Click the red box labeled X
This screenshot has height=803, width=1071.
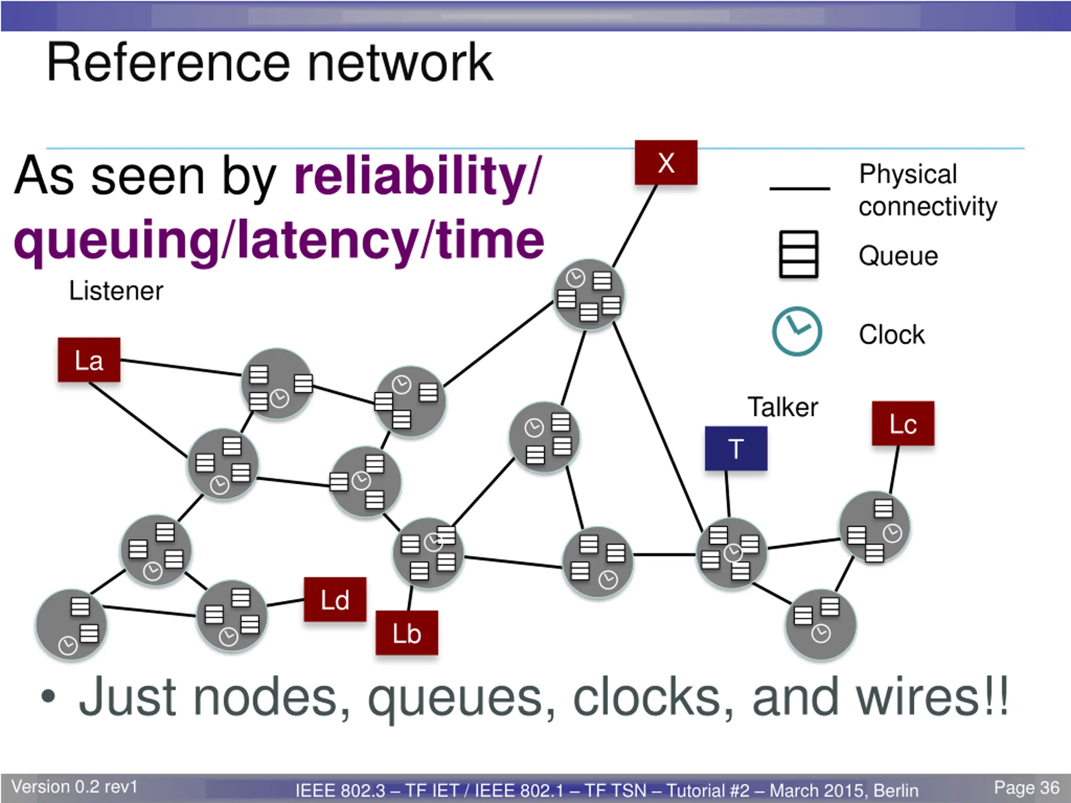(x=666, y=162)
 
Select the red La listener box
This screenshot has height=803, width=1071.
(x=89, y=360)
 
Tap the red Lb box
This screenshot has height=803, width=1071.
(x=407, y=633)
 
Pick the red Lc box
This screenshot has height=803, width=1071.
(x=903, y=423)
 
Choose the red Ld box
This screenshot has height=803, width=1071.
(x=335, y=599)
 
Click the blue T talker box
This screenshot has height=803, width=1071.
(x=736, y=448)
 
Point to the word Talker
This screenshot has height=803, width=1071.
(x=783, y=407)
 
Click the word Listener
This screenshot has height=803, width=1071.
(x=116, y=291)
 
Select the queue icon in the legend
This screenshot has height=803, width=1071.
(x=798, y=254)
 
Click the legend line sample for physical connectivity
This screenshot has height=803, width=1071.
(x=799, y=188)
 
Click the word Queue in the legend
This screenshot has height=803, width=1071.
(x=898, y=256)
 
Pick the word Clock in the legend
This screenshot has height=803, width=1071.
(x=892, y=335)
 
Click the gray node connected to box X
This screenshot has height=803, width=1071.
(x=589, y=295)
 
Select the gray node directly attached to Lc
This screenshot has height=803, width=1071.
(x=874, y=527)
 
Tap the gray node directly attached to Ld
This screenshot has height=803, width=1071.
(x=231, y=616)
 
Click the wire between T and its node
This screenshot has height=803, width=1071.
(x=728, y=494)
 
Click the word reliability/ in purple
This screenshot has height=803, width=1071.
(x=418, y=175)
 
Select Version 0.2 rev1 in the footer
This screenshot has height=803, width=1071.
(x=74, y=787)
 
